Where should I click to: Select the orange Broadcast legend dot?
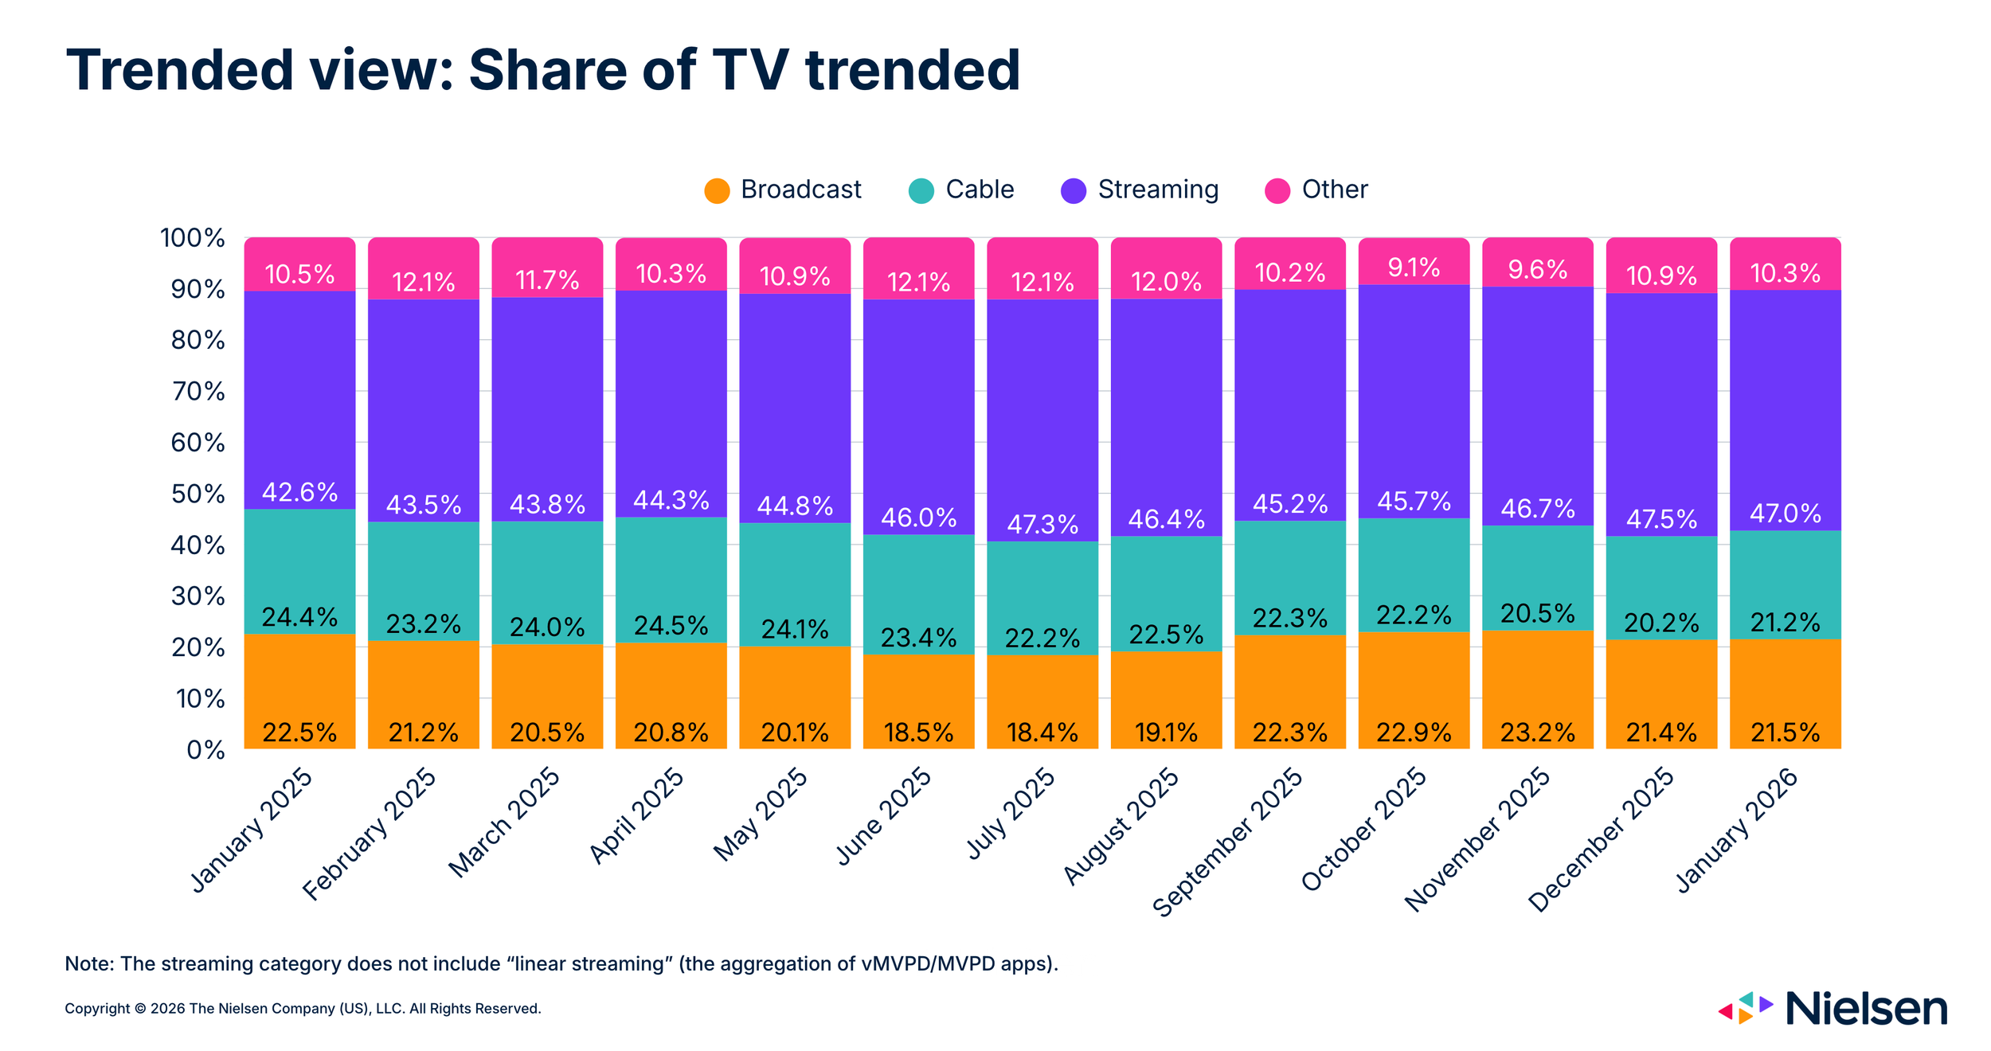[717, 191]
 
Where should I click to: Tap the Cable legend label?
[979, 189]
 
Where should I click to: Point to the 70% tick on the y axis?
[198, 392]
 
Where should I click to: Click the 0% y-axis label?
[205, 750]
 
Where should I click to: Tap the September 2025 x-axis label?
[1228, 842]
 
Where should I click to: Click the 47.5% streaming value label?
[1661, 519]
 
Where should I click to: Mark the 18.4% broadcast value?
[1042, 733]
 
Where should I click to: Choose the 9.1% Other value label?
[1414, 268]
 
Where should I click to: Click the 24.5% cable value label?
[671, 625]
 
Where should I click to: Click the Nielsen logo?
[1832, 1009]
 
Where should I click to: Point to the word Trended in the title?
[180, 70]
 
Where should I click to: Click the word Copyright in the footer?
[97, 1009]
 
